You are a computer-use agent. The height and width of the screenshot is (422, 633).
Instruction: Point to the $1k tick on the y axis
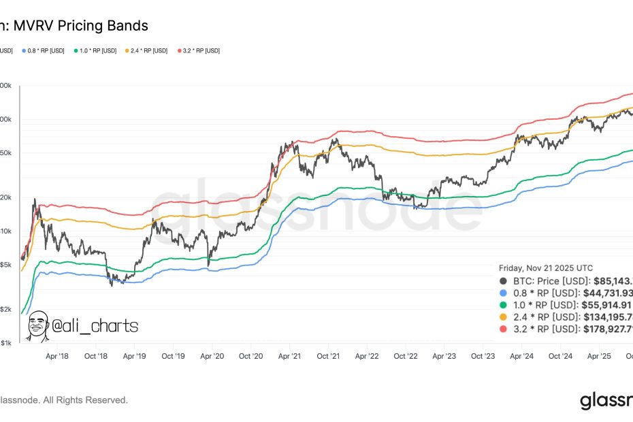[5, 343]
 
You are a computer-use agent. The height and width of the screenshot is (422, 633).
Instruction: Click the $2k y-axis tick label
[5, 309]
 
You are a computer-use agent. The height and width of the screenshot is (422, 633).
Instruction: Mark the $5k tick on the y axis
[5, 265]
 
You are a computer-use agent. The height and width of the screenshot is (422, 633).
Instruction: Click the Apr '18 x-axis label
[57, 356]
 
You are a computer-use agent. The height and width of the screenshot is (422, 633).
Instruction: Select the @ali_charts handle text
[95, 327]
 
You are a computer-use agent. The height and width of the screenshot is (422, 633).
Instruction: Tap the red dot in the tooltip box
[503, 329]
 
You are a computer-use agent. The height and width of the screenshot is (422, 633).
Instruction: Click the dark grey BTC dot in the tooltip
[503, 280]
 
